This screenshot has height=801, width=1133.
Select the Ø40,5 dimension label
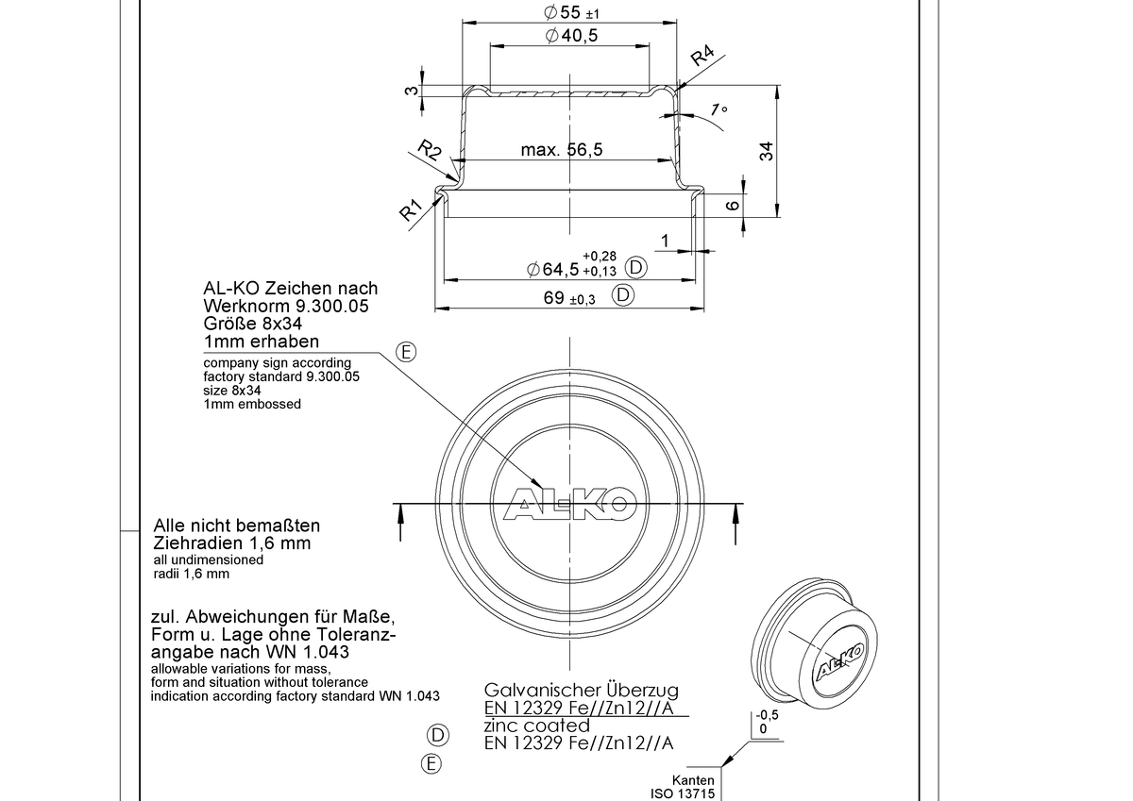(x=571, y=35)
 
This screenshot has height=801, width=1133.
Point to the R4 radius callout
(x=702, y=56)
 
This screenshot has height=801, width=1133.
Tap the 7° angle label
(x=719, y=109)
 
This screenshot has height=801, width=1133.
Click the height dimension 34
(x=767, y=152)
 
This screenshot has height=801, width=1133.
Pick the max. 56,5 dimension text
(x=562, y=150)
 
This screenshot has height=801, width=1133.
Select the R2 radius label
(x=430, y=150)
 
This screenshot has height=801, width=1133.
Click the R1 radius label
(x=410, y=209)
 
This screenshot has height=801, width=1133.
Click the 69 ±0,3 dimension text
(x=569, y=298)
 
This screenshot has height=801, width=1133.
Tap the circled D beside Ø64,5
(x=635, y=267)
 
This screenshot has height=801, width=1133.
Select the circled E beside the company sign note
(x=406, y=352)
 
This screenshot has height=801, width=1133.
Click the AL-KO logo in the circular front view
(x=570, y=504)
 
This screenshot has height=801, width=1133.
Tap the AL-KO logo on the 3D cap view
(x=840, y=661)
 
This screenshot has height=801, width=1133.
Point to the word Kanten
(x=693, y=780)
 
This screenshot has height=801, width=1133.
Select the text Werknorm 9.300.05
(x=286, y=307)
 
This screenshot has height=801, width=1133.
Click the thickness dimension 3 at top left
(x=412, y=91)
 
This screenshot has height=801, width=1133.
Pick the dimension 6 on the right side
(x=733, y=205)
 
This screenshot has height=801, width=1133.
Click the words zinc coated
(x=536, y=726)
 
